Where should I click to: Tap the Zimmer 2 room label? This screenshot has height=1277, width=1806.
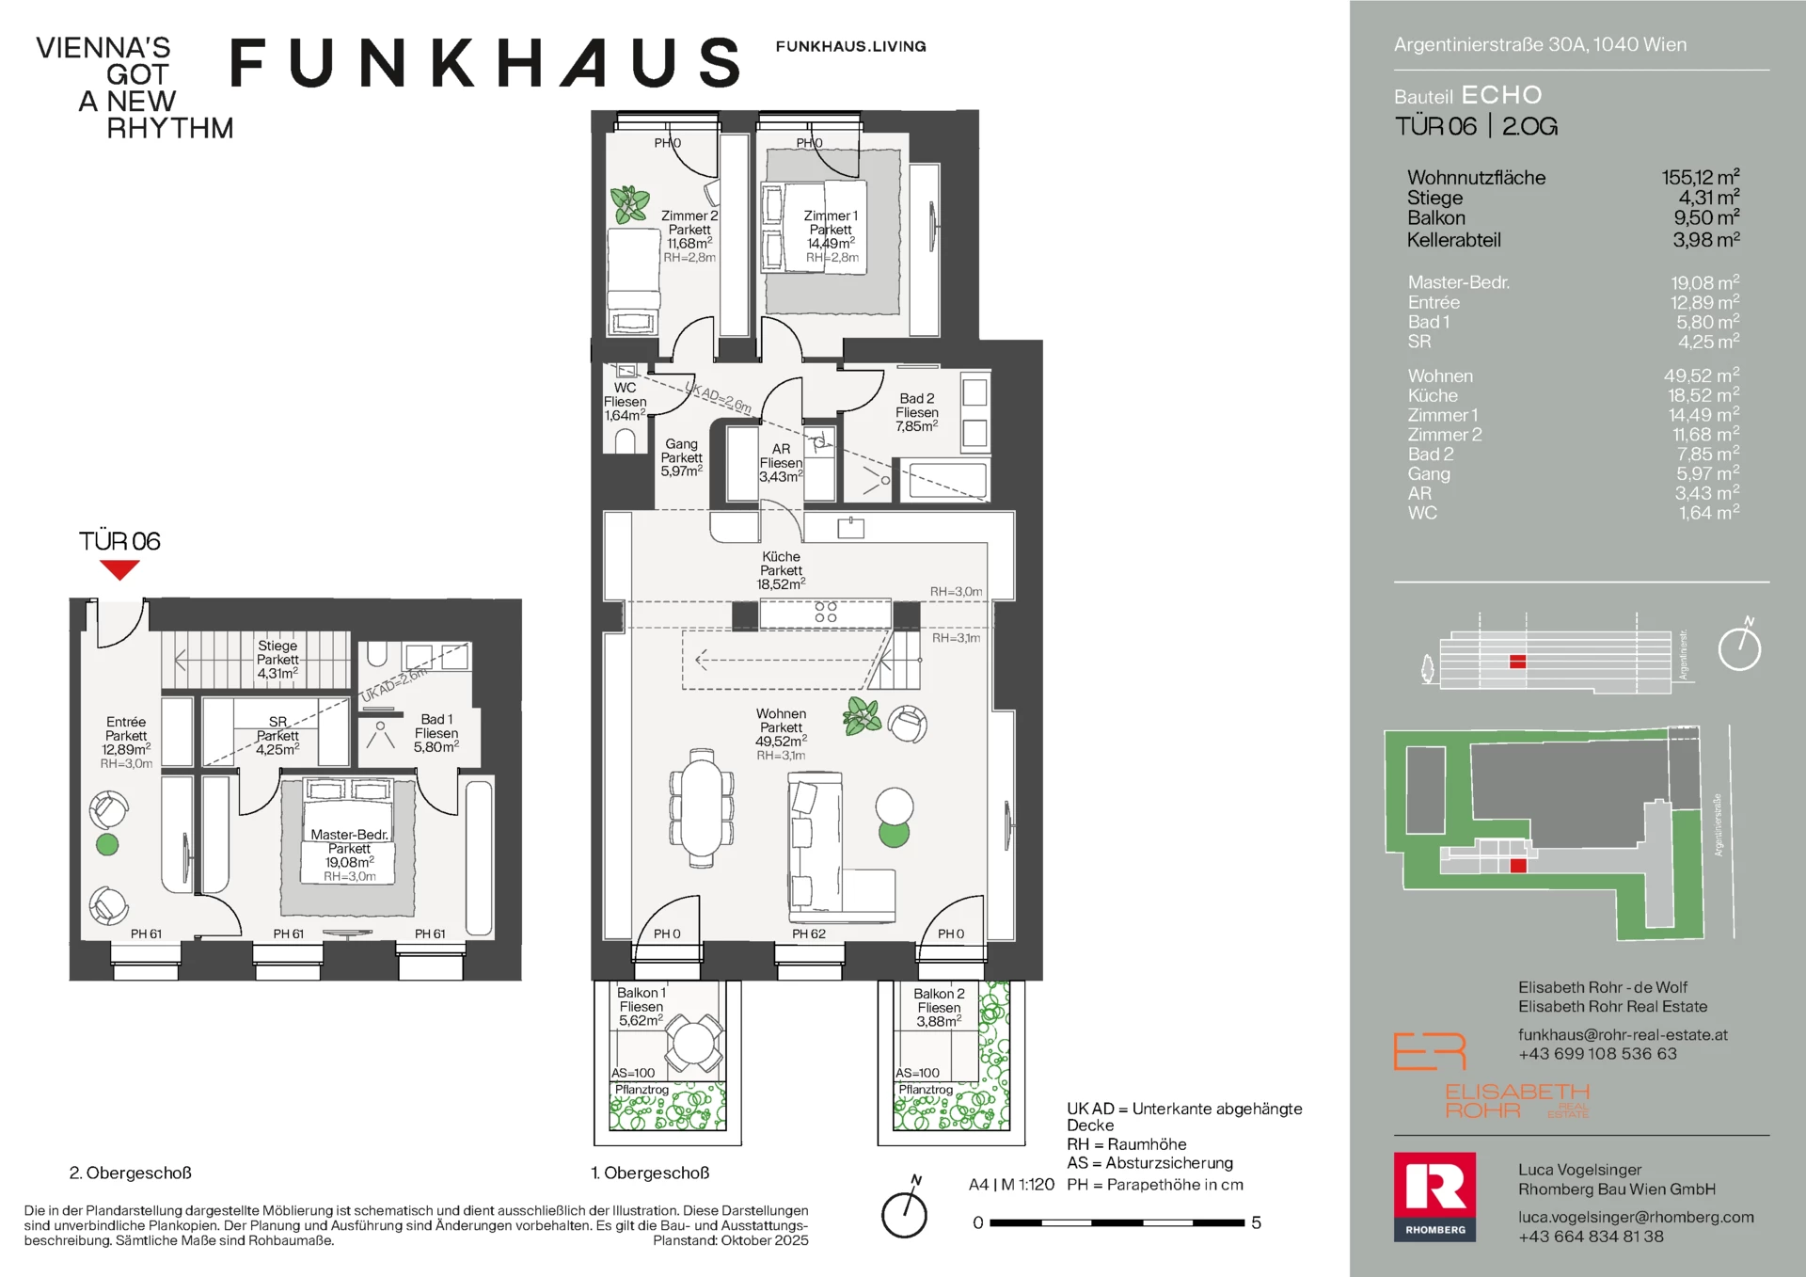click(x=689, y=215)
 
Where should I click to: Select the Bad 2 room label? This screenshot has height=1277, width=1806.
click(x=917, y=398)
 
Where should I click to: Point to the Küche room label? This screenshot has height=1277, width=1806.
click(x=781, y=556)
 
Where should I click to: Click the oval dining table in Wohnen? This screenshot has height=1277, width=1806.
click(x=701, y=807)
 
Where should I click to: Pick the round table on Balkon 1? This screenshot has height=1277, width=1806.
click(x=694, y=1044)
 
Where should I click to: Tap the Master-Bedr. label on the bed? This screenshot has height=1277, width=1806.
click(x=349, y=835)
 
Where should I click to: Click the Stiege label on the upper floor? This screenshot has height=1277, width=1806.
click(x=277, y=646)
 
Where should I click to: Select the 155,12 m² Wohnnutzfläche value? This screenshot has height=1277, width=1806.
click(x=1701, y=177)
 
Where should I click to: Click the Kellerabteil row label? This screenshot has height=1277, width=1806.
click(x=1454, y=240)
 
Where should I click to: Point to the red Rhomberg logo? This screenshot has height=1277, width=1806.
click(x=1434, y=1197)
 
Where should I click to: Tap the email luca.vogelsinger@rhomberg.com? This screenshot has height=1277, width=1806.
click(x=1636, y=1217)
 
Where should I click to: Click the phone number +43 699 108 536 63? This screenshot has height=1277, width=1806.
click(x=1597, y=1054)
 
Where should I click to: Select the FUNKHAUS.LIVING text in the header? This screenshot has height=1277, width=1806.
click(x=850, y=46)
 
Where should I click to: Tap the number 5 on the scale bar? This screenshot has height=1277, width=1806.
click(x=1256, y=1222)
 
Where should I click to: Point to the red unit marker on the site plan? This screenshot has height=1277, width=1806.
click(x=1518, y=866)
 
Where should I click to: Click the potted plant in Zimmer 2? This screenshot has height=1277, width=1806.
click(x=629, y=204)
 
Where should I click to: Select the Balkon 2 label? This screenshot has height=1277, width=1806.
click(x=939, y=994)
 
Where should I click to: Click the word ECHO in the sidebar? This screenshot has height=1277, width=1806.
click(x=1502, y=95)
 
